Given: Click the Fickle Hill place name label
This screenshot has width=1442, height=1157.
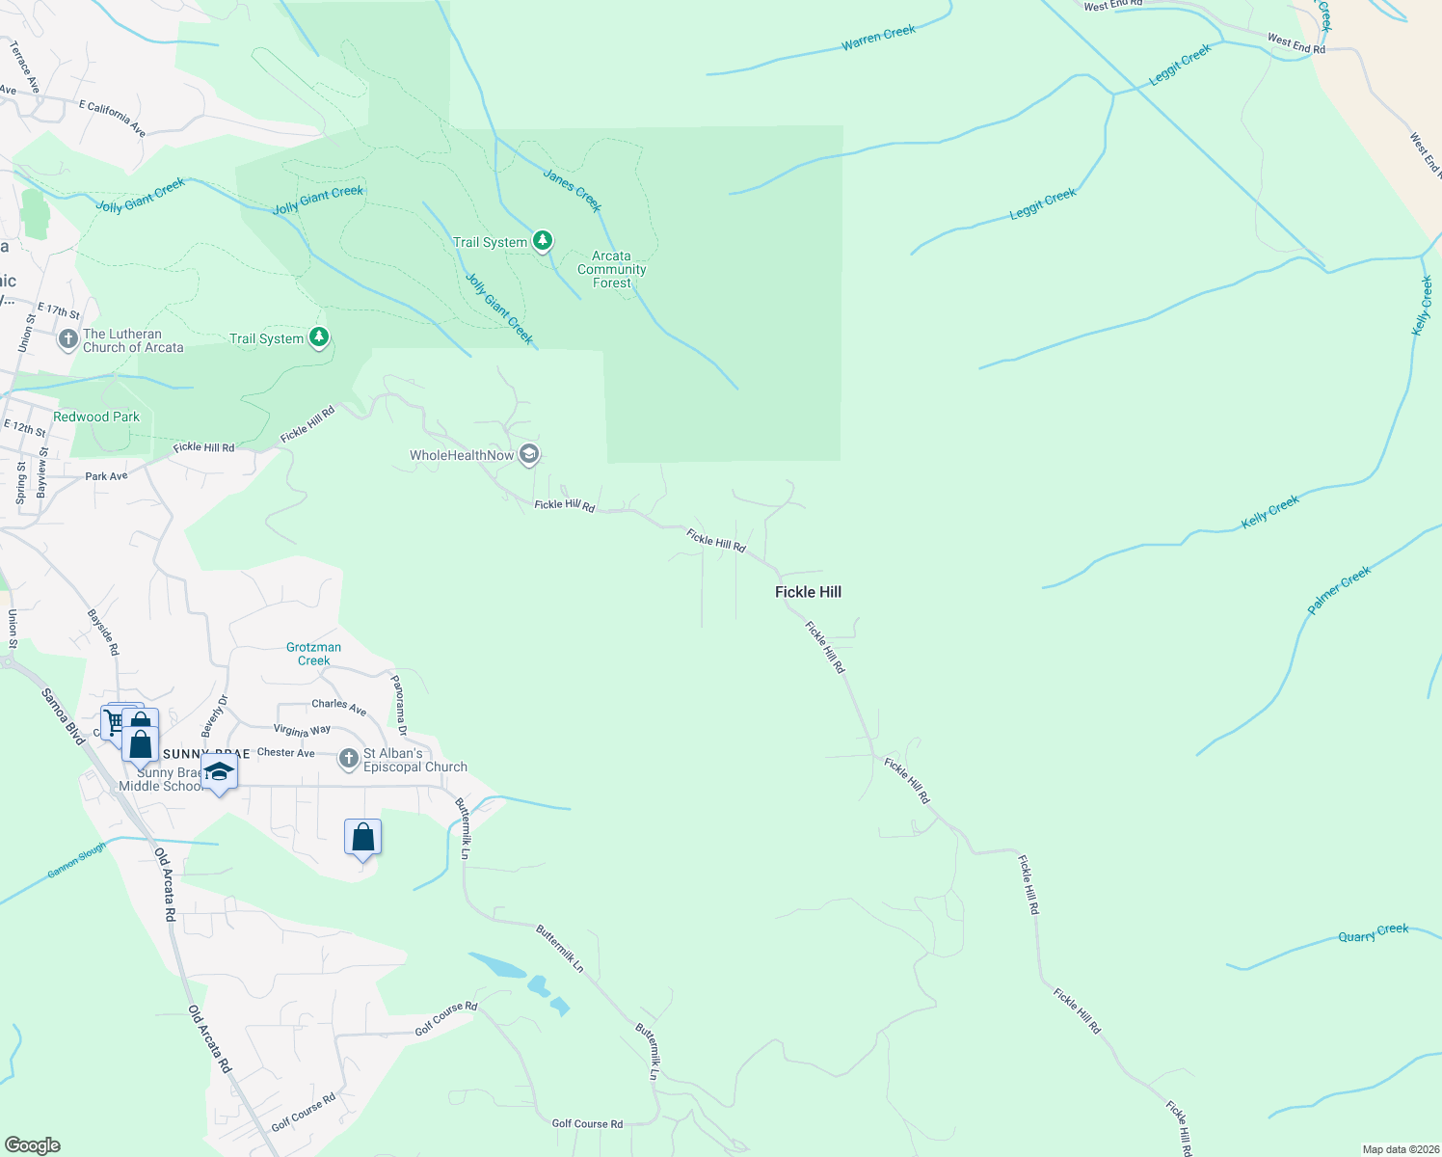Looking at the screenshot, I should pyautogui.click(x=808, y=592).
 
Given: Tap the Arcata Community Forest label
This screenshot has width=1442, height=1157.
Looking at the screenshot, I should pyautogui.click(x=611, y=270).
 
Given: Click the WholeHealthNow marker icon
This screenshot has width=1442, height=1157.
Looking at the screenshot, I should pyautogui.click(x=528, y=454).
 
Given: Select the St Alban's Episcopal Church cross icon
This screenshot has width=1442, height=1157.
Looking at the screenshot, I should pyautogui.click(x=349, y=759).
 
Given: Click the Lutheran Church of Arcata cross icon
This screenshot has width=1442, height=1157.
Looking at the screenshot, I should pyautogui.click(x=67, y=339).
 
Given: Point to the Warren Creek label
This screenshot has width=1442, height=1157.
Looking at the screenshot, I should pyautogui.click(x=878, y=38).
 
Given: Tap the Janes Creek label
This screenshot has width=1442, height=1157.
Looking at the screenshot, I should pyautogui.click(x=573, y=190).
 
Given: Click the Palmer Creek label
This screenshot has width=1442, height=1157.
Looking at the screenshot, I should pyautogui.click(x=1339, y=591).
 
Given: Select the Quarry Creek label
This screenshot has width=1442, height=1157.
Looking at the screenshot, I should pyautogui.click(x=1374, y=932).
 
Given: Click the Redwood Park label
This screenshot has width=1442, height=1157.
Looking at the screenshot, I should pyautogui.click(x=96, y=417).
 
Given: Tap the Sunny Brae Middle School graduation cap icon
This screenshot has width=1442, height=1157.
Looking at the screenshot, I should pyautogui.click(x=219, y=771).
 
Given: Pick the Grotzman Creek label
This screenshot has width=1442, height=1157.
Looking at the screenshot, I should pyautogui.click(x=313, y=654).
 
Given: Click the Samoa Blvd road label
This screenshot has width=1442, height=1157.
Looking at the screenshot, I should pyautogui.click(x=64, y=715).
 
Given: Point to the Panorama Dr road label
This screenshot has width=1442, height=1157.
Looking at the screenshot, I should pyautogui.click(x=399, y=705).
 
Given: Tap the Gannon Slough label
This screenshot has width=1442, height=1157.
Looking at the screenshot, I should pyautogui.click(x=77, y=860).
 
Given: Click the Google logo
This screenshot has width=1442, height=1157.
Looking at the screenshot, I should pyautogui.click(x=32, y=1145).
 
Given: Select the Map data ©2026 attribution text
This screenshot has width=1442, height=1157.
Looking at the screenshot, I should pyautogui.click(x=1399, y=1149).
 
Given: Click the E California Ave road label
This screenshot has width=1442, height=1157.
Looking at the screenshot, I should pyautogui.click(x=112, y=118).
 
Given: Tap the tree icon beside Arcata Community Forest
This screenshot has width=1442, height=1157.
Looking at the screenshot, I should pyautogui.click(x=543, y=240).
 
